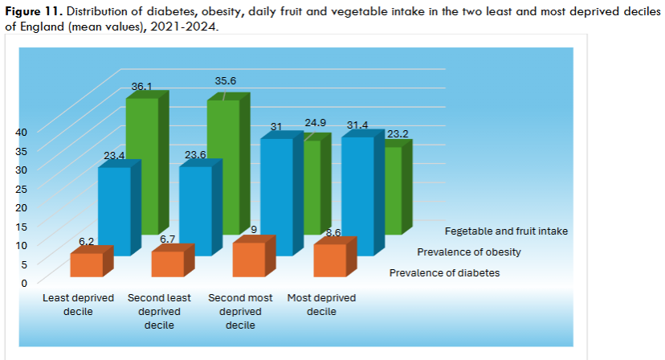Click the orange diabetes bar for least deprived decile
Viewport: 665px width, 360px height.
(86, 264)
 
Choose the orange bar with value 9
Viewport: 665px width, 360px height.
(248, 259)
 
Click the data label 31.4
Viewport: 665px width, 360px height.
(357, 125)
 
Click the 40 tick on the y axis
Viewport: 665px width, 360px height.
(21, 132)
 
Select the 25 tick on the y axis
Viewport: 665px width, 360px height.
(21, 188)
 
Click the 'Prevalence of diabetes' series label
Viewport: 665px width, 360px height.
(444, 273)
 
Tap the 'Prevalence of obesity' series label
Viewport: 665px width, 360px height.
(468, 252)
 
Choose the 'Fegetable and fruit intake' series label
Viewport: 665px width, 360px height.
(506, 231)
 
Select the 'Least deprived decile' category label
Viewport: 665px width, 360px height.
(79, 305)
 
